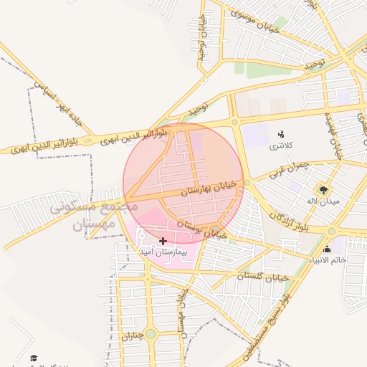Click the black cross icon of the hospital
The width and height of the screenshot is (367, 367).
click(x=163, y=242)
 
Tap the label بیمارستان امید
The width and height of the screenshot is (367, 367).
click(x=163, y=253)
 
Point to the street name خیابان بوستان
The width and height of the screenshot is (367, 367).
click(x=204, y=229)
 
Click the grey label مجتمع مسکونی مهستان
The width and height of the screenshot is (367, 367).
click(x=93, y=215)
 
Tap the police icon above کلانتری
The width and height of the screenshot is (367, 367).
click(x=280, y=133)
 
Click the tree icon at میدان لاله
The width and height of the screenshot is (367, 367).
click(x=324, y=190)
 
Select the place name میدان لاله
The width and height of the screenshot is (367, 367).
click(x=322, y=201)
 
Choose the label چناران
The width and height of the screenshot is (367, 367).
click(x=133, y=335)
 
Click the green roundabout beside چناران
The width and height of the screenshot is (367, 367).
click(x=150, y=334)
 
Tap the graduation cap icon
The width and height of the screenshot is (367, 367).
click(x=34, y=358)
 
